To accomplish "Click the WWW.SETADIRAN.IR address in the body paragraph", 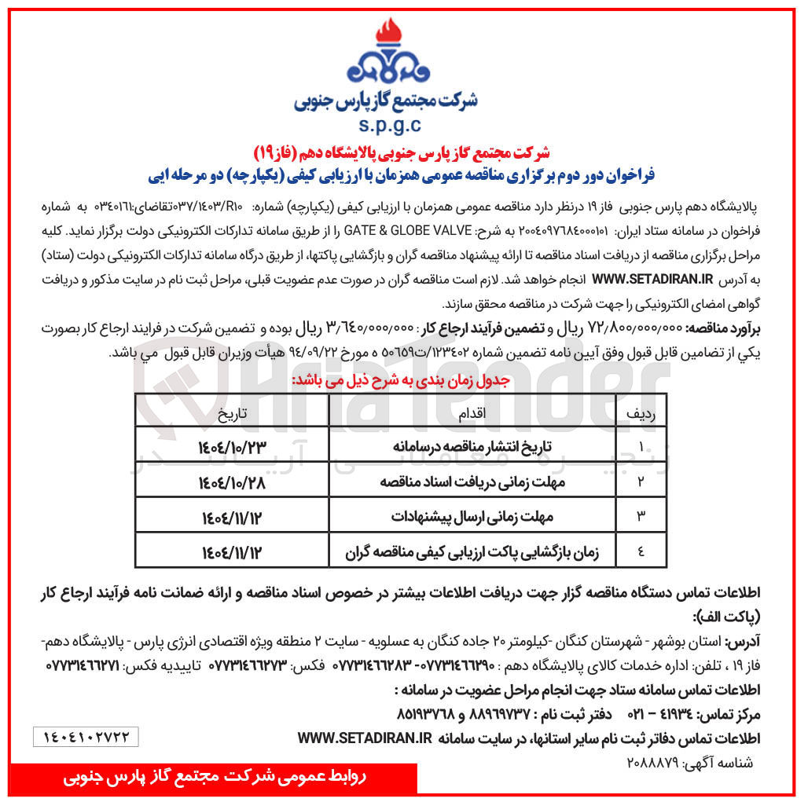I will click(x=652, y=278).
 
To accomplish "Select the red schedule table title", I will click(x=401, y=379).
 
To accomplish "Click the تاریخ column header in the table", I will click(x=233, y=412).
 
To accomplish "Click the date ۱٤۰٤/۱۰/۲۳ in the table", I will click(x=233, y=447).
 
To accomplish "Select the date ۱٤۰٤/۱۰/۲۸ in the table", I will click(x=233, y=482).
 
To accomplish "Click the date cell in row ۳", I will click(x=233, y=517).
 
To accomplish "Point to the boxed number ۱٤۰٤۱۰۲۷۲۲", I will click(x=86, y=736).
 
